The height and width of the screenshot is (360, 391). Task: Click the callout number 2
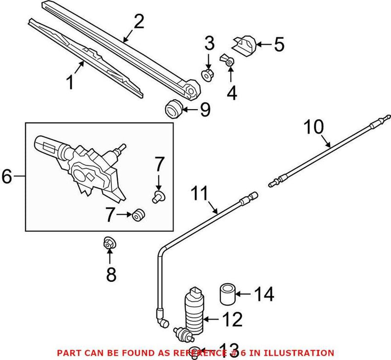coord(139,21)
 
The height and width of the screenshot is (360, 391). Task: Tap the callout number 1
coord(70,82)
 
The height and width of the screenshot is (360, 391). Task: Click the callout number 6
coord(7,177)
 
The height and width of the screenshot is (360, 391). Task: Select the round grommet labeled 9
coord(173,109)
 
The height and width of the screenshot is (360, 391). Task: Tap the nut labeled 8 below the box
coord(109,242)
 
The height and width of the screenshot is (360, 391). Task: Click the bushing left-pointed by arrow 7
coord(138,214)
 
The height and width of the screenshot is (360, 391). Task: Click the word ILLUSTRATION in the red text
coord(303,352)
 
